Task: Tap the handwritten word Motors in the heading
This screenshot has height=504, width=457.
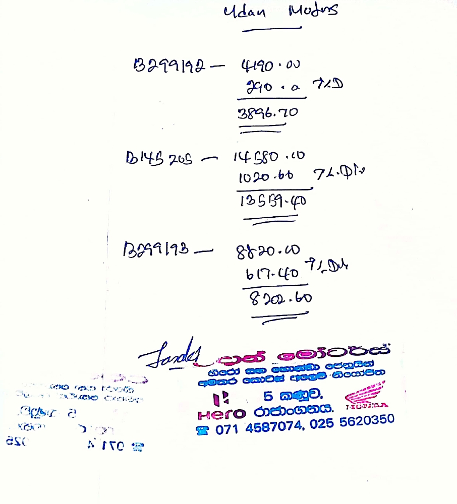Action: pos(313,11)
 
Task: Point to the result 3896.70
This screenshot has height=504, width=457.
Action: pos(267,113)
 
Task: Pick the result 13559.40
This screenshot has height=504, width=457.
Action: pos(272,201)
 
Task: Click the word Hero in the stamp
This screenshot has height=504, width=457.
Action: pos(221,415)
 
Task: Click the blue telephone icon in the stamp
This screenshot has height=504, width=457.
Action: pos(203,430)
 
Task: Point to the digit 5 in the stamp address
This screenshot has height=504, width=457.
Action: pos(268,395)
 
